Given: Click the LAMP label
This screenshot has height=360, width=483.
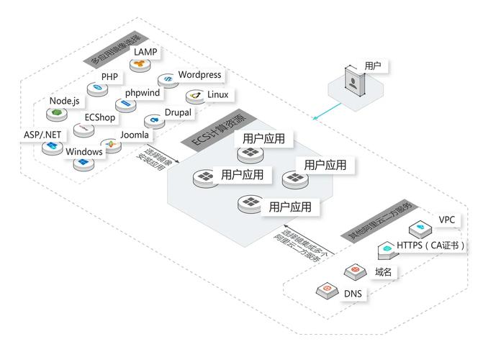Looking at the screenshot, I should coord(145,53).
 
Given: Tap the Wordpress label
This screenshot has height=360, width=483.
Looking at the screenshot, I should coord(199,75).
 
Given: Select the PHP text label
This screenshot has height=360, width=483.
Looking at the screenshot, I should coord(109,76).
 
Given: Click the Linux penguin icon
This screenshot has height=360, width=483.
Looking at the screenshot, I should coord(194,95).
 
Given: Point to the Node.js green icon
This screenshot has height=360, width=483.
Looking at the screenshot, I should coord(54,113).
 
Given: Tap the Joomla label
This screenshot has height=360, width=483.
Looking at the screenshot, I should coord(134,135).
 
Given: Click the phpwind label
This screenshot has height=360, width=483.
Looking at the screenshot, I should coord(143,93).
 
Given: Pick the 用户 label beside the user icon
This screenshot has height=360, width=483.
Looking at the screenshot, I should coord(374,66).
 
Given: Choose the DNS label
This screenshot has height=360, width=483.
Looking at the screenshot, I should coord(353,294).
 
